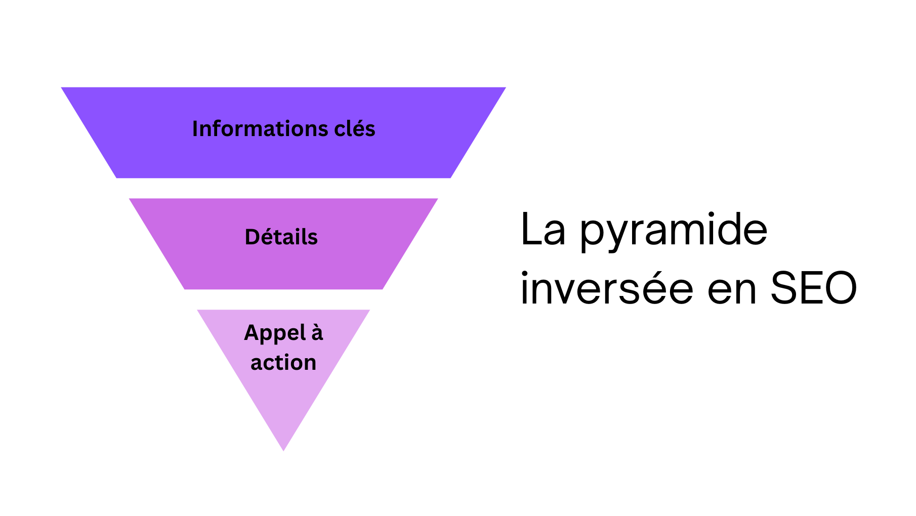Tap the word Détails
[x=281, y=237]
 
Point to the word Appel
[x=275, y=333]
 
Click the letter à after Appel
[x=317, y=333]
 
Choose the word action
[x=283, y=363]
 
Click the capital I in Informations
[x=195, y=129]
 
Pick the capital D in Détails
[x=252, y=237]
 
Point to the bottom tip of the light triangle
[x=283, y=450]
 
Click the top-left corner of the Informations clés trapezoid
[x=62, y=88]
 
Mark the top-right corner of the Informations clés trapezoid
[x=506, y=88]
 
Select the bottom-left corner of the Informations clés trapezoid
[x=117, y=178]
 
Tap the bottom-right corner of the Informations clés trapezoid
[x=450, y=178]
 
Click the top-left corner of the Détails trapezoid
[x=130, y=199]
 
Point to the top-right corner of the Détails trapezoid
[x=438, y=199]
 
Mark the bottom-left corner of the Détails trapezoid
[x=185, y=289]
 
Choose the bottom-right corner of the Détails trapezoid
[x=383, y=289]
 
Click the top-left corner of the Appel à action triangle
[x=197, y=310]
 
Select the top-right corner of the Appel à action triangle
[x=370, y=310]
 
